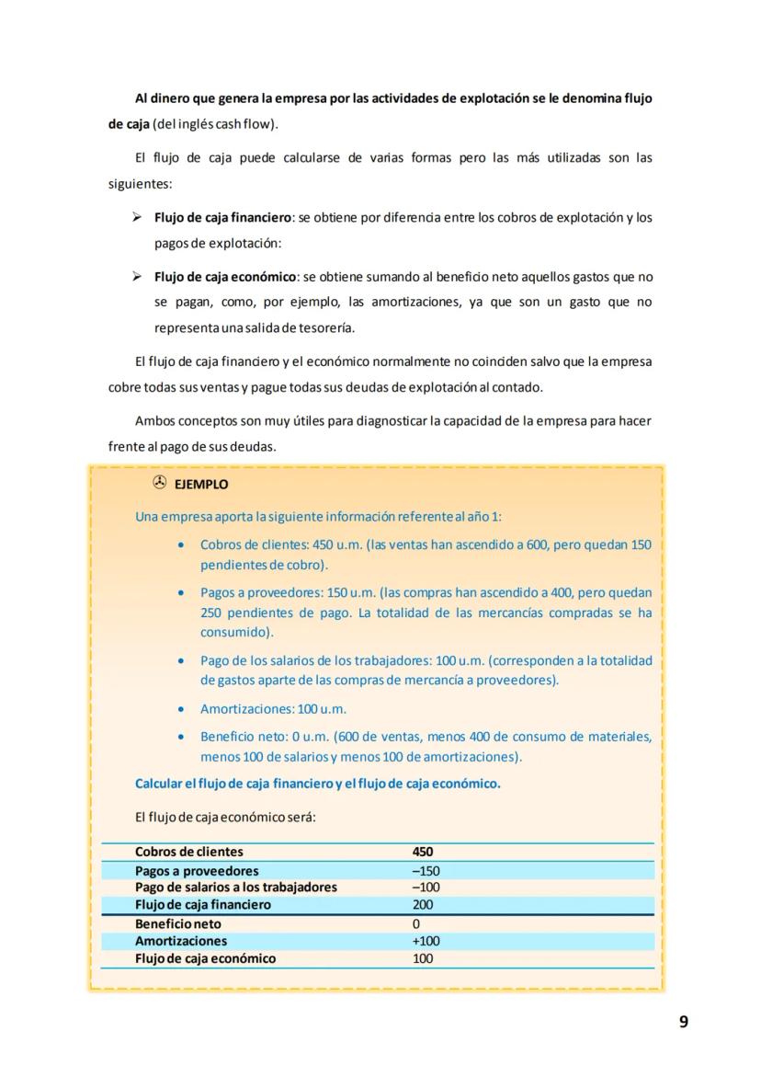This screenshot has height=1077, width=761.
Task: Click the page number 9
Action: click(x=683, y=1022)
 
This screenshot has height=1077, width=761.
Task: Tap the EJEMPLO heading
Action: click(x=201, y=485)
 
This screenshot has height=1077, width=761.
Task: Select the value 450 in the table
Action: click(x=423, y=853)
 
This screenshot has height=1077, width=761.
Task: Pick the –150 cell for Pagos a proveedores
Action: click(x=426, y=871)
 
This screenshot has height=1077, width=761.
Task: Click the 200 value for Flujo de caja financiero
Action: click(x=423, y=905)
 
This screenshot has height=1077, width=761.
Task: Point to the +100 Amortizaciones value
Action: click(x=426, y=941)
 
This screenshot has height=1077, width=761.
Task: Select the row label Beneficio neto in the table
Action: click(x=178, y=923)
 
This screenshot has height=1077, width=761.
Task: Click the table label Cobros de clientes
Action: click(x=189, y=853)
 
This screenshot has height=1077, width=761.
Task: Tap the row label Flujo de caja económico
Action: click(x=205, y=958)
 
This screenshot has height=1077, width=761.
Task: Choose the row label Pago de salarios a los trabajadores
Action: click(x=236, y=888)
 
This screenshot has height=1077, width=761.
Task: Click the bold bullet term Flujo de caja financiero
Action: click(x=222, y=218)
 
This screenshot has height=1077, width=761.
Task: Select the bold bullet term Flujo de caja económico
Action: click(x=225, y=277)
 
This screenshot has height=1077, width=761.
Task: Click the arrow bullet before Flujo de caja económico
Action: click(x=136, y=277)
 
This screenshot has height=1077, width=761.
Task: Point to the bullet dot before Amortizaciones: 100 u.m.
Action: click(x=182, y=709)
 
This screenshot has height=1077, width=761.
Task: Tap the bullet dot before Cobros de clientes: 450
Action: click(x=182, y=545)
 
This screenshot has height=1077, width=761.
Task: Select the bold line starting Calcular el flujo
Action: click(x=318, y=785)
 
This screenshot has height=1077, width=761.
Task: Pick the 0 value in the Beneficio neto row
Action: click(x=416, y=923)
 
